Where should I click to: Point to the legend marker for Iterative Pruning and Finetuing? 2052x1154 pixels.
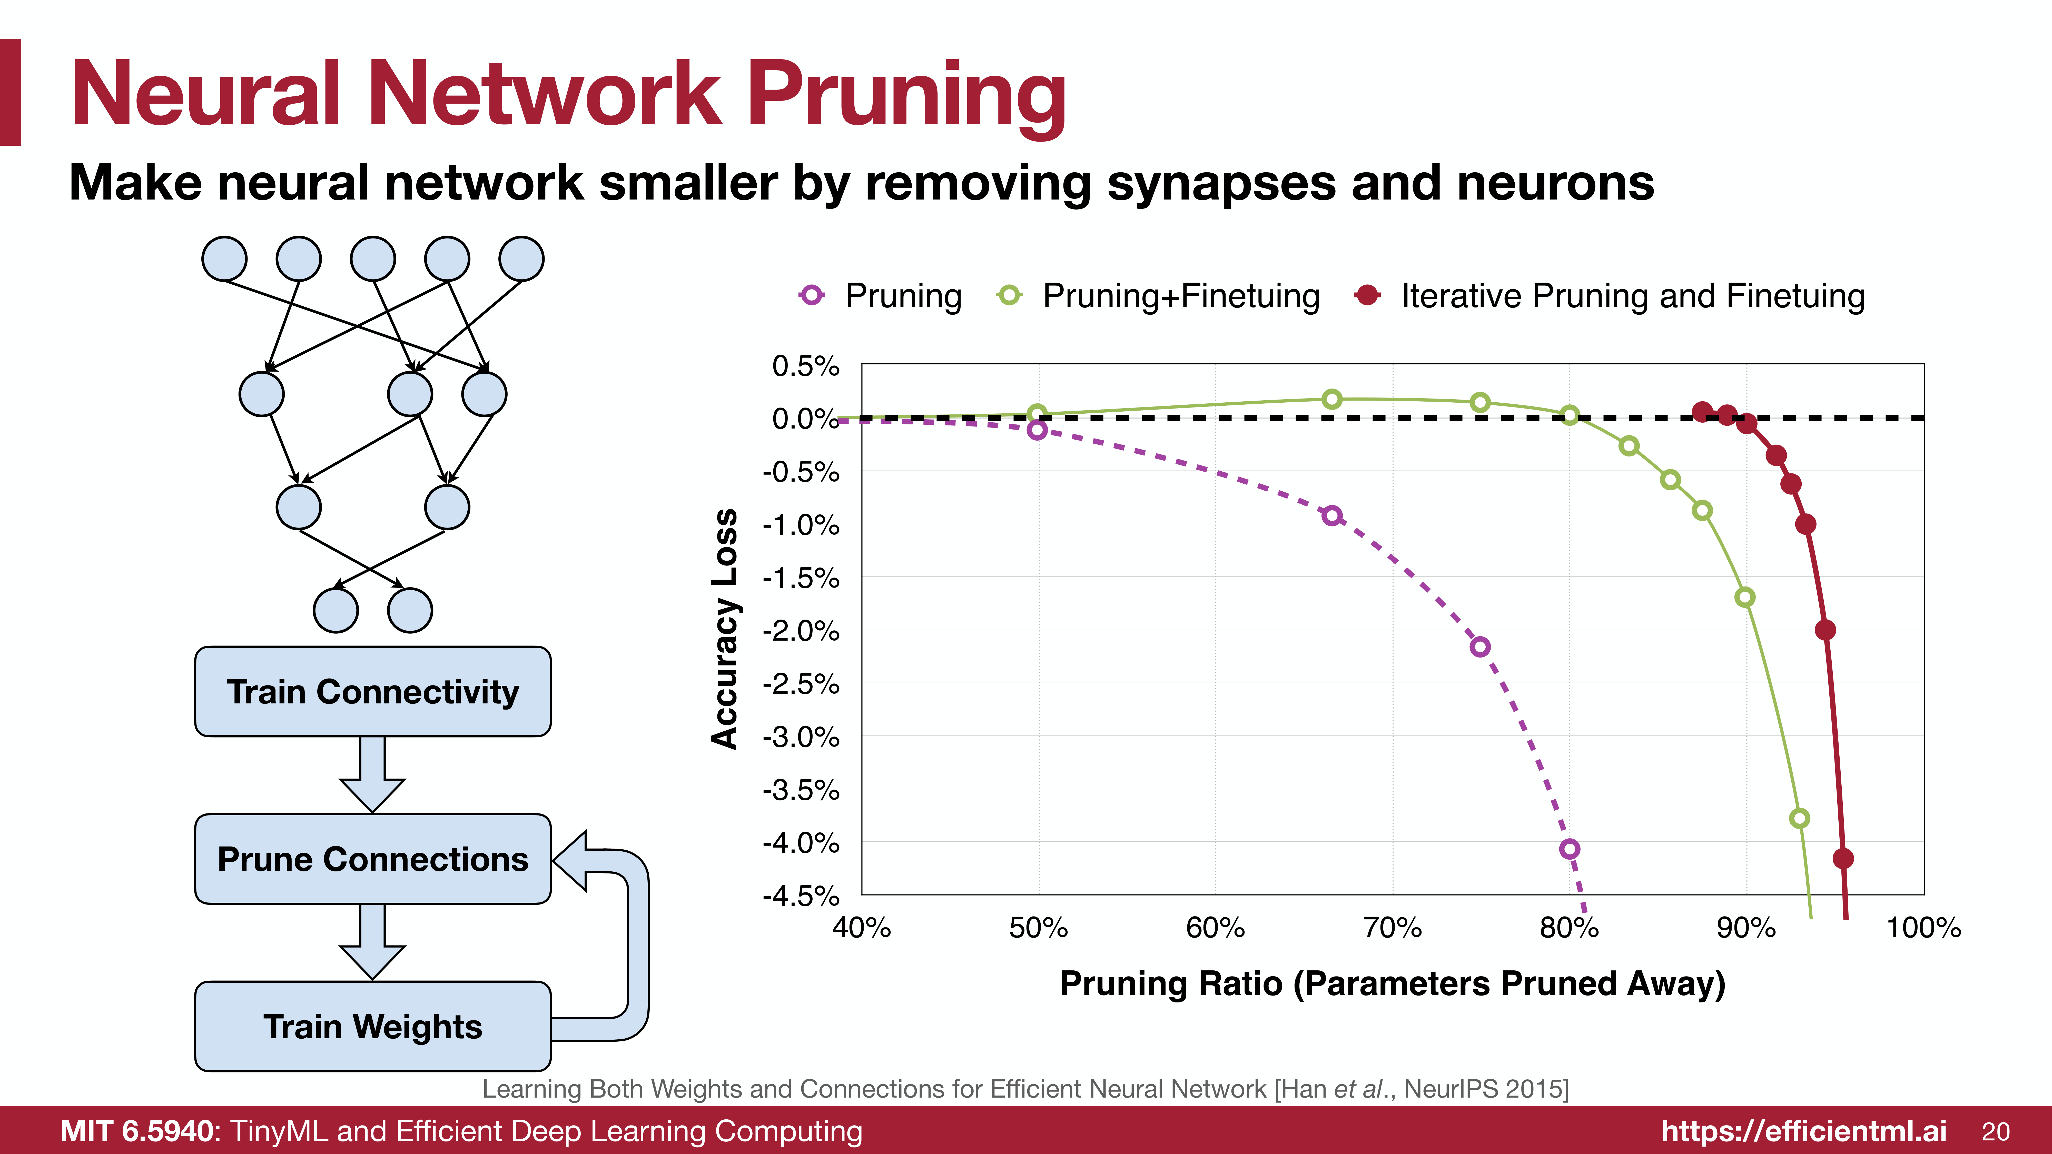pyautogui.click(x=1368, y=295)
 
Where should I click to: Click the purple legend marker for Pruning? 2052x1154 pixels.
pyautogui.click(x=812, y=295)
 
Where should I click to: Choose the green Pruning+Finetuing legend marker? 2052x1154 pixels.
pyautogui.click(x=1009, y=295)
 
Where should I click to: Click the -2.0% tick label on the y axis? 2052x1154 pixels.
pyautogui.click(x=801, y=631)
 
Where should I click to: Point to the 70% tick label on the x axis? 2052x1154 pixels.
pyautogui.click(x=1393, y=928)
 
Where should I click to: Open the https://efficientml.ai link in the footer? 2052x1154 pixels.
pyautogui.click(x=1803, y=1131)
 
